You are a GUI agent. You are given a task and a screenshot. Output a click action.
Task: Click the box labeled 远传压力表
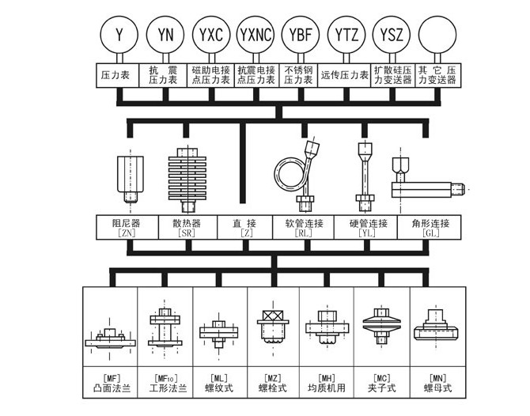344,75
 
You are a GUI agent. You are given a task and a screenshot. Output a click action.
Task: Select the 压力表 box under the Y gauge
117,75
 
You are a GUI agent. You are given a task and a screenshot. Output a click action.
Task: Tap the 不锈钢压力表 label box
298,75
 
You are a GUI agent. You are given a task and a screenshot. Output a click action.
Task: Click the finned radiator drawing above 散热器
187,180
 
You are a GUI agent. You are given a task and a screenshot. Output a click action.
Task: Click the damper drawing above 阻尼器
131,179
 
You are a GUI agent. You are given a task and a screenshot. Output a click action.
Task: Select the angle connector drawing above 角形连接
428,179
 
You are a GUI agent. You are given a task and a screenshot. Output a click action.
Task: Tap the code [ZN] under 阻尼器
127,233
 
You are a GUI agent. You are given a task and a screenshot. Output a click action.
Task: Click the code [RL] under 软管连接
303,233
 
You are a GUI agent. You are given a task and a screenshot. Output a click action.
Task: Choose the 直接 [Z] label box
244,228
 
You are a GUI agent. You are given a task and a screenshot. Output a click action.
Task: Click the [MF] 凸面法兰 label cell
110,382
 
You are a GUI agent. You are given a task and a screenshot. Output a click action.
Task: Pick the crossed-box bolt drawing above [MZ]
273,327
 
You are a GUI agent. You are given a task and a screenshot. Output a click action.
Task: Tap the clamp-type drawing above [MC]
381,325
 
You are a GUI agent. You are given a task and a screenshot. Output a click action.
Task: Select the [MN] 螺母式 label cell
437,382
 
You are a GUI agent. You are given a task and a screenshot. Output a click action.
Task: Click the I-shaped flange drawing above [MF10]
165,327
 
